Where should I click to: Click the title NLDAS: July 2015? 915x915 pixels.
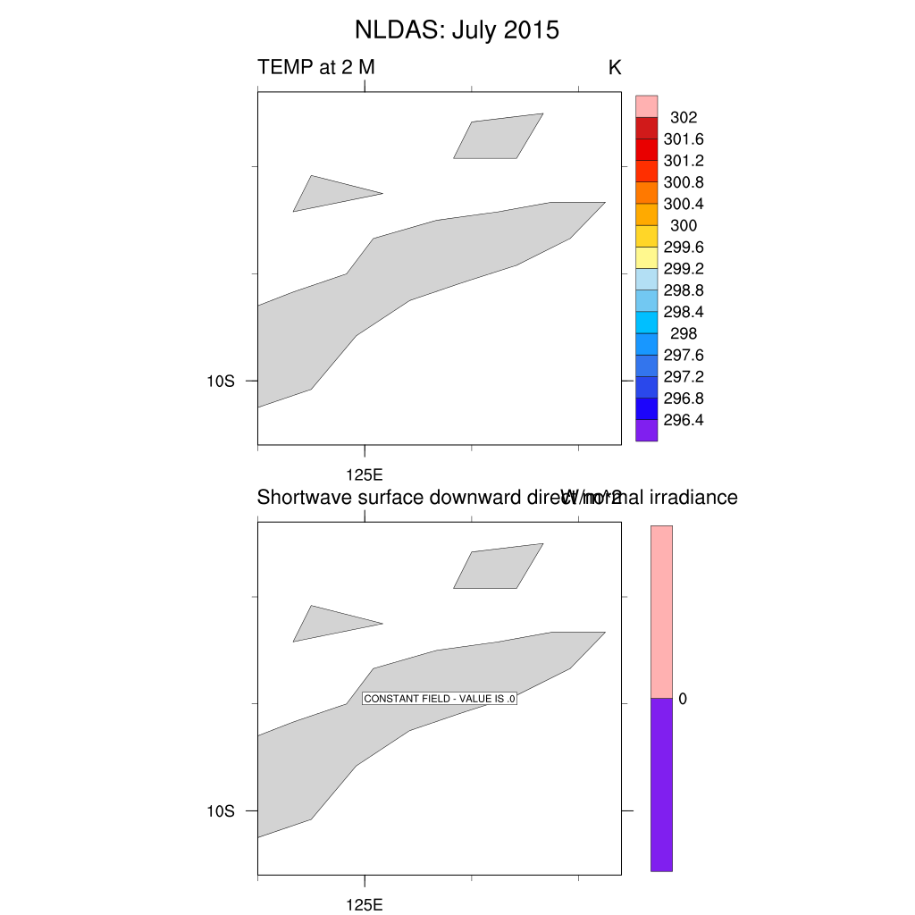457,29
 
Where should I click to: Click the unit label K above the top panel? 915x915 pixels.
615,67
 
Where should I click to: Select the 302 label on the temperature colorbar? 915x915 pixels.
684,117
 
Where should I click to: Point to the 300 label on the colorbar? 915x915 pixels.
684,225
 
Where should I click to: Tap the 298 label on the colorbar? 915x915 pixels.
684,333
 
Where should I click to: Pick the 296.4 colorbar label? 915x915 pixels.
684,420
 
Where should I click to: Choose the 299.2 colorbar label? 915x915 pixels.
684,268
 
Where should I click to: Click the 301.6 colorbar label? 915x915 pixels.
684,139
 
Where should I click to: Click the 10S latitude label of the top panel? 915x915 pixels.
221,381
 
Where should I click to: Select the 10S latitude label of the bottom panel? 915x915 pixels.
221,811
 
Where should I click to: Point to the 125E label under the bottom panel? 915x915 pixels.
365,904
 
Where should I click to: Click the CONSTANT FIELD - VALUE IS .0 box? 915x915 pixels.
441,699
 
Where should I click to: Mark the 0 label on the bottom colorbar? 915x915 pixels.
683,699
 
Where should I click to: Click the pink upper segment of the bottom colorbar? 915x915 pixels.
661,611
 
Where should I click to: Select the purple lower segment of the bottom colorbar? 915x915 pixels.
661,785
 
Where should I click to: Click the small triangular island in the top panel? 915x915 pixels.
325,194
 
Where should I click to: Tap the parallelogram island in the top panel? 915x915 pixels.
498,137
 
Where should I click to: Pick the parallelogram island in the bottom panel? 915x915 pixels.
498,567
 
